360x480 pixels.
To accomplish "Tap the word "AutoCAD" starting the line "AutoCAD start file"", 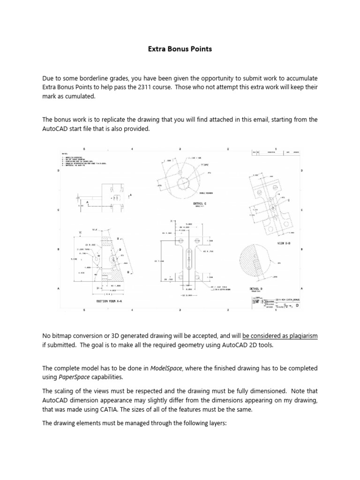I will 55,129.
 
